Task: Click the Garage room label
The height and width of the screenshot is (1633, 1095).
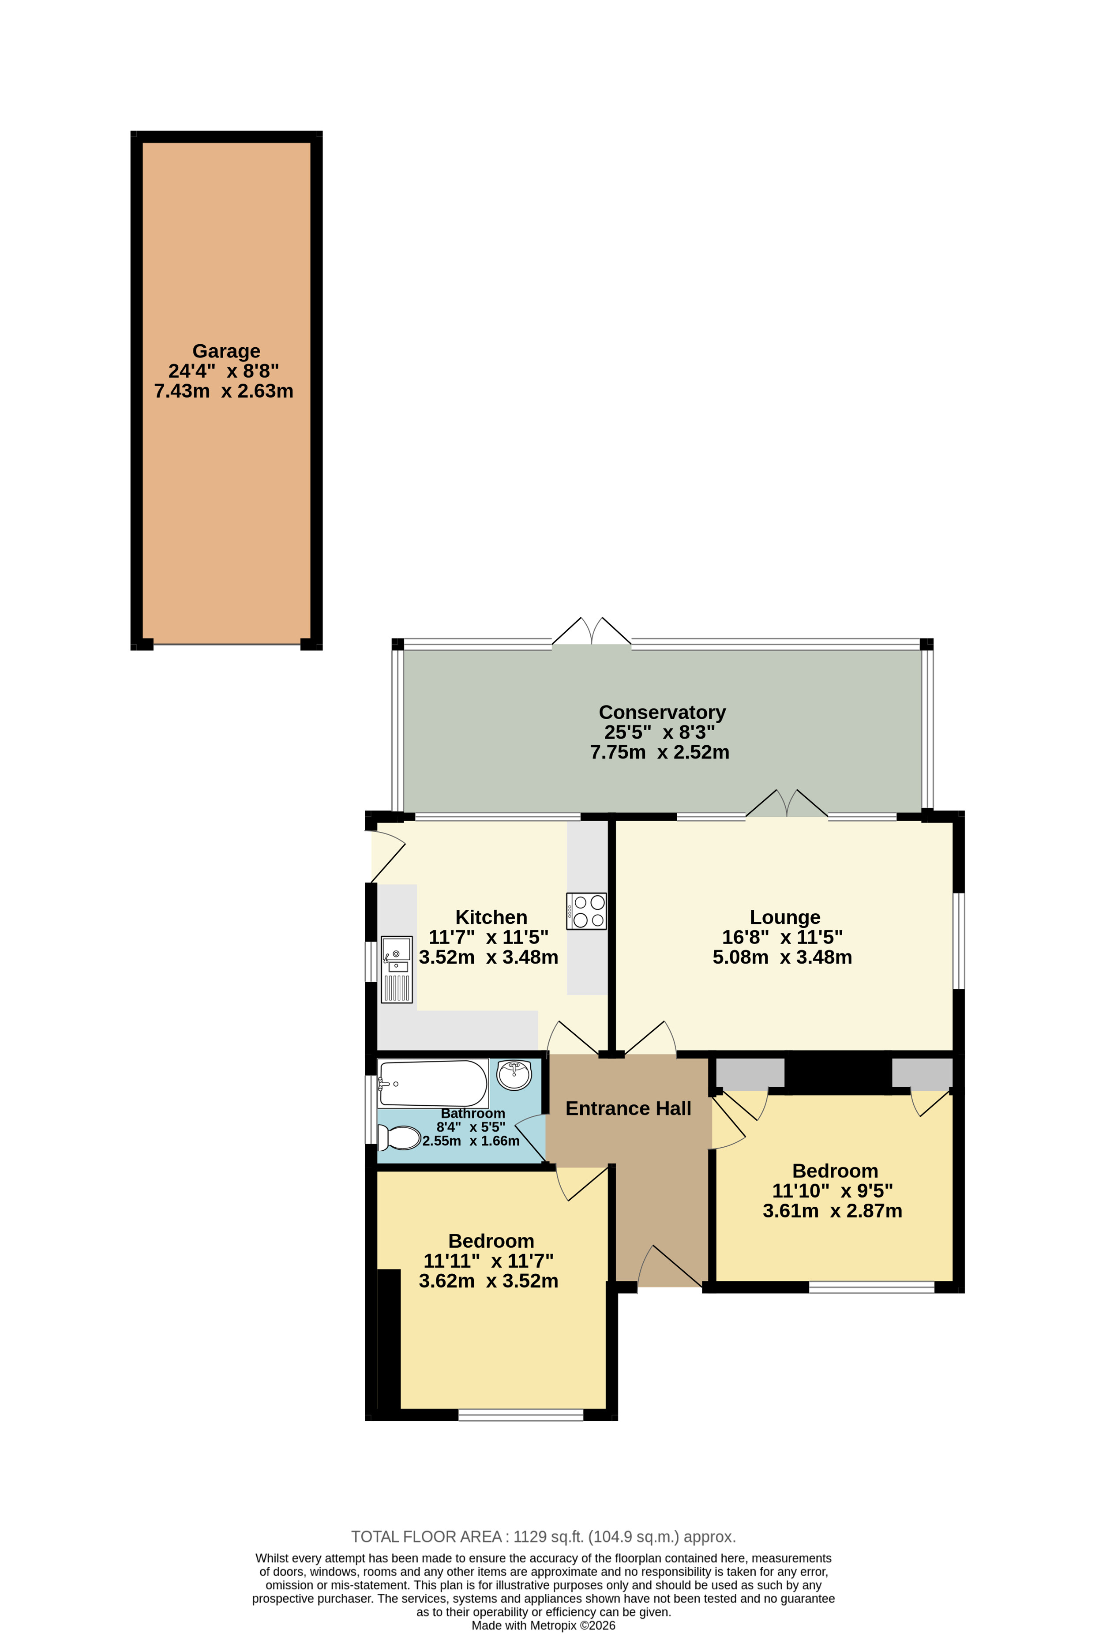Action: point(226,351)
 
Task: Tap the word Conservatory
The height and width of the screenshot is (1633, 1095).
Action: point(662,713)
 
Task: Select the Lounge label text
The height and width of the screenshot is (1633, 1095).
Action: point(785,917)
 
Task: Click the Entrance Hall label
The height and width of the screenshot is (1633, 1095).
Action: point(628,1108)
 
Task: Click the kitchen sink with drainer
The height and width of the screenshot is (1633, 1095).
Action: point(397,969)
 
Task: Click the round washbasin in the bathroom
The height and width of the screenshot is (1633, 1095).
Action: point(514,1075)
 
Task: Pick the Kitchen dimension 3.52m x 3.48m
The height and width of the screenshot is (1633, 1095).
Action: point(488,957)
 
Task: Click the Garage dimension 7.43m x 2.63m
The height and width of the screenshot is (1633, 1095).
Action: point(224,391)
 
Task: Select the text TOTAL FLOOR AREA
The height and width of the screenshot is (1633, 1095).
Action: point(426,1537)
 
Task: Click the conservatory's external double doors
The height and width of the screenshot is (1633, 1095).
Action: point(592,631)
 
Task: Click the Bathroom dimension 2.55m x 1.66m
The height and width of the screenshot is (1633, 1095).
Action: point(471,1141)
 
